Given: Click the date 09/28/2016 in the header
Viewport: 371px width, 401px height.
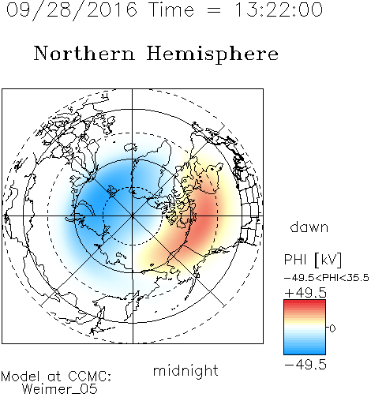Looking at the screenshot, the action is [72, 10].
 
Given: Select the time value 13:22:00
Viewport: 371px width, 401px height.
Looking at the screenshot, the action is [279, 9].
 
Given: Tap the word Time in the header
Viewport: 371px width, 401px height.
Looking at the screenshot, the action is [171, 9].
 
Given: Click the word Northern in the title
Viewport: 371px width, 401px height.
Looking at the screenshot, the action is [84, 53].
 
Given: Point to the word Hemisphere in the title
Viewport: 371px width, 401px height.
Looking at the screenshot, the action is [212, 54].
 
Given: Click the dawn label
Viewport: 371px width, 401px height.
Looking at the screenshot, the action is [309, 227].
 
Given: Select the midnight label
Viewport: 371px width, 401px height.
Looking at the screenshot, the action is [185, 370].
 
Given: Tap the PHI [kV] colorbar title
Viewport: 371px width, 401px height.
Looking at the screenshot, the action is [313, 260].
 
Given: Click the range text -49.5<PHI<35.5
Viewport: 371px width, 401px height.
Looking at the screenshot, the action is [327, 278].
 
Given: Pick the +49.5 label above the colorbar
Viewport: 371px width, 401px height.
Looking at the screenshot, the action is [305, 293].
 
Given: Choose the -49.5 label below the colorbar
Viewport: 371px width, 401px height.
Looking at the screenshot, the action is [305, 365].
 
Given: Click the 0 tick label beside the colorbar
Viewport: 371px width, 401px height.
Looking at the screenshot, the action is [332, 328].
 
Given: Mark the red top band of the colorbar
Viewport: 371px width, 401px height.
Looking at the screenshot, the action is [305, 302].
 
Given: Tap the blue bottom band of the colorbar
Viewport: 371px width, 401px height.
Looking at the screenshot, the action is [305, 351].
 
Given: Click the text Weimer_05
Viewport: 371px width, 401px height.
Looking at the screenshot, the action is [60, 388].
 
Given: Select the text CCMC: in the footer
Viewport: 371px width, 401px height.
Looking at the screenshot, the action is [89, 377].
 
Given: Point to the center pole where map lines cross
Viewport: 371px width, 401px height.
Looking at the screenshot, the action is [133, 215].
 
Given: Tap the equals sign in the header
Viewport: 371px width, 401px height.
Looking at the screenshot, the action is [214, 10].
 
